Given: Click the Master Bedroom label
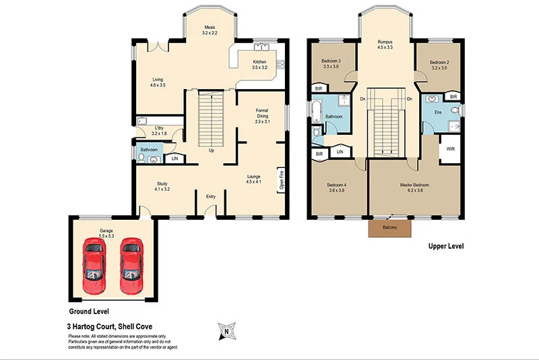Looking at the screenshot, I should point(414,188).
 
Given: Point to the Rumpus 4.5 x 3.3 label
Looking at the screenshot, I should point(385,44).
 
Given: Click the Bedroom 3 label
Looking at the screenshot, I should point(330,64).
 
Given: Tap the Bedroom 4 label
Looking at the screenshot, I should point(337,188).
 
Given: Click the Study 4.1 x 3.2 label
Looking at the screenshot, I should point(162,187).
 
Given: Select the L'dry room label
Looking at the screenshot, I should point(159,131).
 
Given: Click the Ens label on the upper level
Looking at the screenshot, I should point(438,112).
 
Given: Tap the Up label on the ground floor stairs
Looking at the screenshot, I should point(212,150).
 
